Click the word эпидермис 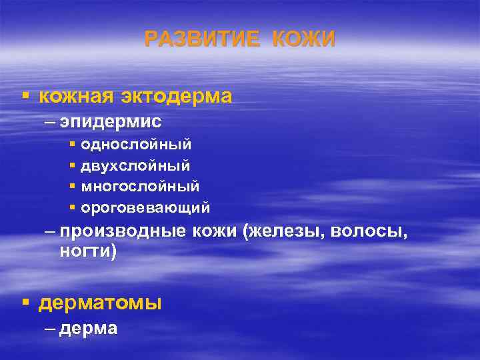[x=110, y=121]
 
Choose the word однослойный [x=136, y=144]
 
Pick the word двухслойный [x=135, y=165]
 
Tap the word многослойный [x=140, y=186]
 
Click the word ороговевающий [x=145, y=208]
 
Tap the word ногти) [x=87, y=251]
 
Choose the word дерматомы [x=100, y=303]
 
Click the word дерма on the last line [x=89, y=328]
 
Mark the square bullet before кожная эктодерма [x=25, y=97]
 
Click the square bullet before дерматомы [x=25, y=303]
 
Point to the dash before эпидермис [x=51, y=122]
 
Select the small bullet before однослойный [x=72, y=144]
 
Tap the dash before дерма [x=51, y=329]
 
